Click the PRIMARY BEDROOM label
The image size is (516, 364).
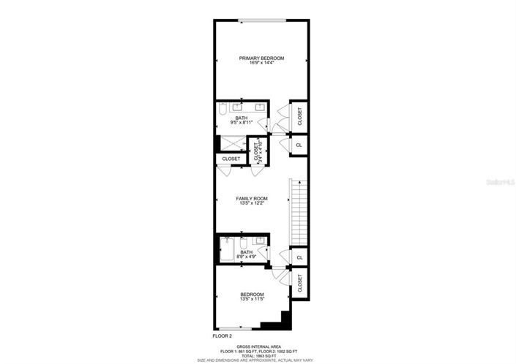click(261, 58)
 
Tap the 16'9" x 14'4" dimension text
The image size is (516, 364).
click(261, 63)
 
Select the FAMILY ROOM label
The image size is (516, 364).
click(251, 198)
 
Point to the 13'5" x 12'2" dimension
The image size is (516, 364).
click(251, 203)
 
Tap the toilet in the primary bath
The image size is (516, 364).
click(223, 111)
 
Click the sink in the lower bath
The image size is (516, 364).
click(259, 240)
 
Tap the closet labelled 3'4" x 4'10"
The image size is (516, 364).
click(256, 152)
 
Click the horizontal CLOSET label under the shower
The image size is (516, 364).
click(231, 159)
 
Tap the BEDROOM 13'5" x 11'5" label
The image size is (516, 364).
click(251, 297)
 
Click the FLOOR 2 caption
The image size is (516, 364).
click(223, 337)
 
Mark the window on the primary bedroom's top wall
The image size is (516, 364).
click(261, 19)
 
